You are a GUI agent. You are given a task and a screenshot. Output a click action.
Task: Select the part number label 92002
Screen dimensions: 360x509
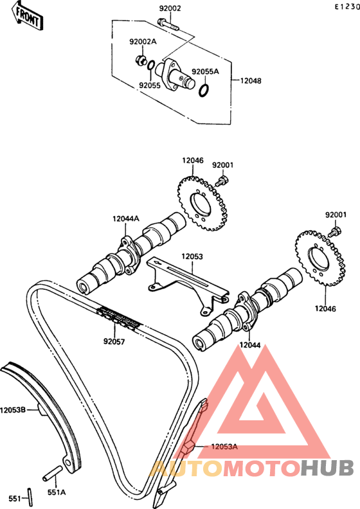tap(170, 8)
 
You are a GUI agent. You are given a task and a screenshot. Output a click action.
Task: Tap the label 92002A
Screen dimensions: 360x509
tap(143, 42)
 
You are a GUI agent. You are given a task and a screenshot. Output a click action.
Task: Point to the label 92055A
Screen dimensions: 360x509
tap(205, 71)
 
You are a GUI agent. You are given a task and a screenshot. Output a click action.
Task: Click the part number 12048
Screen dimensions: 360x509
tap(251, 81)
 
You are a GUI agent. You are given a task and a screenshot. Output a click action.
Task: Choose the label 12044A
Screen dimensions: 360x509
tap(126, 219)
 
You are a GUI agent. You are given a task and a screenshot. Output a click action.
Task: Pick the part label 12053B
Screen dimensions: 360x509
tap(13, 410)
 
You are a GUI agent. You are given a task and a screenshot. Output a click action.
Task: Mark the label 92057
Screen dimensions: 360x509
tap(114, 341)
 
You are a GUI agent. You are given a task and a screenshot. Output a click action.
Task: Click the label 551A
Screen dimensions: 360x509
tap(57, 492)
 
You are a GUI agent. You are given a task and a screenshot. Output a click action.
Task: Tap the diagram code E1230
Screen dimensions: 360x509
tap(347, 6)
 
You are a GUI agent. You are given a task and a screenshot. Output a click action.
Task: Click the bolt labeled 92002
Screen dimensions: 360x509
tap(168, 24)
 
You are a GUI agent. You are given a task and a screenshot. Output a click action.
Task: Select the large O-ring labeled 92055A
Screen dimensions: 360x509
tap(204, 91)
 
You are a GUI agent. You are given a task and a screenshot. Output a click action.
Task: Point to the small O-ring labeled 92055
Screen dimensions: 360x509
tap(150, 65)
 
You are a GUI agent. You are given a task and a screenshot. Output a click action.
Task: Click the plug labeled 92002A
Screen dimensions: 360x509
tap(141, 60)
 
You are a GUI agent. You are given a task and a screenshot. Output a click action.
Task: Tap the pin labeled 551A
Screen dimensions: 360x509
tap(52, 474)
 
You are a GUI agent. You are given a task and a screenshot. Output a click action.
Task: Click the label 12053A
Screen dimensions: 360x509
tap(224, 447)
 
